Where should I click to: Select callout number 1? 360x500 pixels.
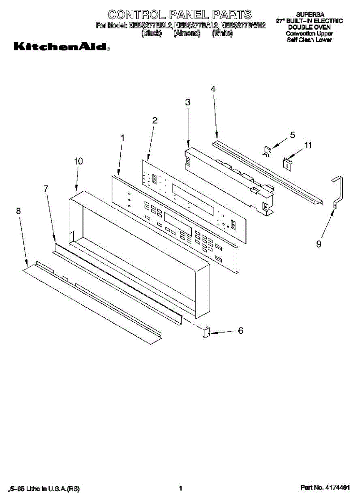coord(122,137)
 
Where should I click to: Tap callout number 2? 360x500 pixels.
coord(155,120)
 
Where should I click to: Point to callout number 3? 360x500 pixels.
coord(187,102)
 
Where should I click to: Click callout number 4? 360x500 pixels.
coord(213,89)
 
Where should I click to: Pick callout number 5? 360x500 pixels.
coord(292,135)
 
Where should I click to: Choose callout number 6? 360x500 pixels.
coord(240,331)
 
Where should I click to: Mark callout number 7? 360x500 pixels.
coord(46,188)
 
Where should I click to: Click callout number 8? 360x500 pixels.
coord(18,211)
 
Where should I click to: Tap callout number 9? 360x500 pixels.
coord(319,245)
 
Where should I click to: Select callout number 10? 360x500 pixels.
coord(78,161)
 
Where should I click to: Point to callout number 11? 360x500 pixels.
coord(308,145)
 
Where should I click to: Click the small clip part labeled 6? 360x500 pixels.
coord(206,333)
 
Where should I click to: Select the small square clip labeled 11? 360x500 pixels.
coord(287,163)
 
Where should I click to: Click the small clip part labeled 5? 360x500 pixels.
coord(267,150)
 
